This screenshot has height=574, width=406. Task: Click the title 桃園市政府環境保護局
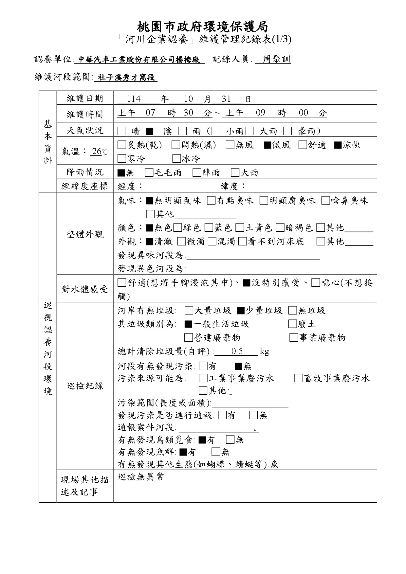pos(203,26)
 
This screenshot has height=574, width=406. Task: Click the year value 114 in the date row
pos(134,99)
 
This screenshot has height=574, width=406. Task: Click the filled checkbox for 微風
pos(267,145)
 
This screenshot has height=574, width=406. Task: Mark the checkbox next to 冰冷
pos(176,159)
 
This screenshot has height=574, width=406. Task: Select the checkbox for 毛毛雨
pos(149,172)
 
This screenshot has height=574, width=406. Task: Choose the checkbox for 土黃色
pos(240,227)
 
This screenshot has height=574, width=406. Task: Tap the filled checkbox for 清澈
pos(149,242)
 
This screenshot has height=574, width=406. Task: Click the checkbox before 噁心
pos(316,283)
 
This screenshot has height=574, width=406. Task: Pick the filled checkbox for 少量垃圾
pos(241,311)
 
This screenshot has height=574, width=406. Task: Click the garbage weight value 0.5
pos(237,351)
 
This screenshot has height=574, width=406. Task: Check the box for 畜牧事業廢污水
pos(298,379)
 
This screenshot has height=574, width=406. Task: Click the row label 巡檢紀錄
pos(85,386)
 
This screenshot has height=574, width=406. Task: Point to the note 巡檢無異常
pos(141,477)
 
